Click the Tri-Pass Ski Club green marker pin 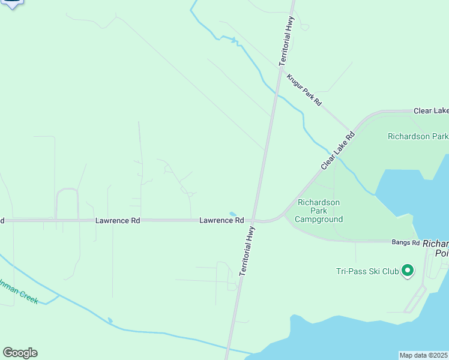click(x=408, y=271)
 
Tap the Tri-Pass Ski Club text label click(x=367, y=272)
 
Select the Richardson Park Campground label click(x=319, y=211)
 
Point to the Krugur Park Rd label click(x=304, y=90)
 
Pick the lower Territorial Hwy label click(x=247, y=251)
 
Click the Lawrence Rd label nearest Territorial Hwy click(x=221, y=221)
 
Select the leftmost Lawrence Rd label click(x=118, y=221)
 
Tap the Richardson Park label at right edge click(x=418, y=136)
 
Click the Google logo click(x=20, y=353)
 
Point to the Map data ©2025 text click(x=424, y=355)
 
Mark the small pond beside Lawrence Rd click(x=233, y=214)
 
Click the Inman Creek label click(x=18, y=291)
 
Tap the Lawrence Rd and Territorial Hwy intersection click(x=255, y=220)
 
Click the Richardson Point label click(x=435, y=248)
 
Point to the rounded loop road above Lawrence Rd click(x=67, y=190)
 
